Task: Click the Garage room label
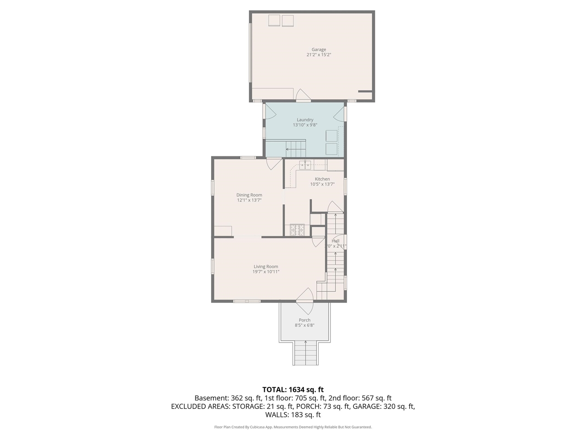(x=319, y=49)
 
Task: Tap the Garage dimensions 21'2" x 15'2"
(x=319, y=55)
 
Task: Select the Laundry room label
(x=305, y=120)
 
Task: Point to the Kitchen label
(x=322, y=179)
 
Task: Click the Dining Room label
(x=249, y=195)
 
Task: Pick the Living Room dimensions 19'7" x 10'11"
(x=266, y=272)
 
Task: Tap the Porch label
(x=304, y=320)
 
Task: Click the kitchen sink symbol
(x=305, y=165)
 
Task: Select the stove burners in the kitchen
(x=297, y=230)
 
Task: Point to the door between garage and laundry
(x=303, y=96)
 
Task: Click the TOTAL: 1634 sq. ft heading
(x=293, y=390)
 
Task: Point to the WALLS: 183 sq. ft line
(x=293, y=415)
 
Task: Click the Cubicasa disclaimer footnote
(x=293, y=427)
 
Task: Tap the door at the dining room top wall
(x=274, y=163)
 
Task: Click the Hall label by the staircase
(x=336, y=241)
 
